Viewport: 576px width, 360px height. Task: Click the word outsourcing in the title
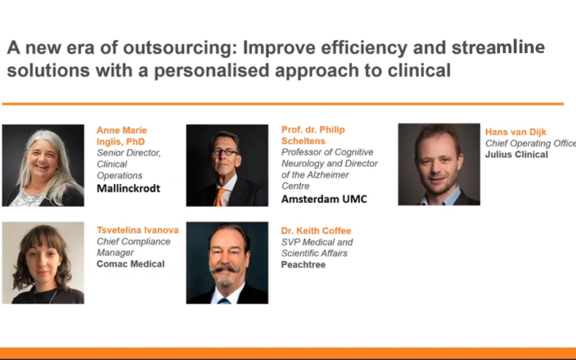(180, 48)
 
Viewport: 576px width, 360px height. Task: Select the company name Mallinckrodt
(128, 189)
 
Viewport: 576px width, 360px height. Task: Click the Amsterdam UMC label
(324, 199)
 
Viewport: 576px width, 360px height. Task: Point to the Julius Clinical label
(516, 154)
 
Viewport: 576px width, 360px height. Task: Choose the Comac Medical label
(130, 264)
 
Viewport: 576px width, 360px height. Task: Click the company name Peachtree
(303, 264)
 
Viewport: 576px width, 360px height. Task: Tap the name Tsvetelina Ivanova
(137, 230)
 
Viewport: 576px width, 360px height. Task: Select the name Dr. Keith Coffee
(316, 230)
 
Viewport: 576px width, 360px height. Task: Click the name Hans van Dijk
(516, 132)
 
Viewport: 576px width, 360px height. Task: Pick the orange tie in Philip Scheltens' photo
(220, 197)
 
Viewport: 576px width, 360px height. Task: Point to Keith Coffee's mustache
(225, 269)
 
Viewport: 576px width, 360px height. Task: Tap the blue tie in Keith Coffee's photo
(224, 301)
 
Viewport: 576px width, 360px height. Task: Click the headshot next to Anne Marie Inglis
(43, 166)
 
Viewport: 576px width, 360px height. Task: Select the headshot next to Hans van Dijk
(439, 164)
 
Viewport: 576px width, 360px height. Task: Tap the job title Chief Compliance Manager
(134, 247)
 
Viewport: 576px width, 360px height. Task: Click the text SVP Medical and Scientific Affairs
(317, 247)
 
